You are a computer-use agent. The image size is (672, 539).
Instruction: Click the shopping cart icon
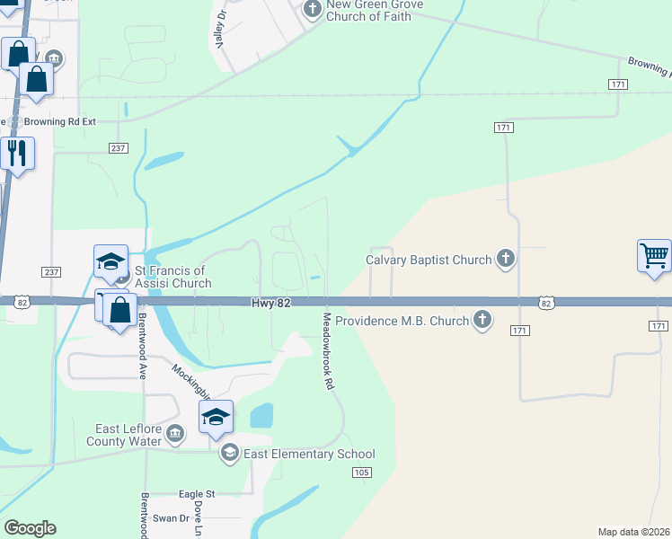point(655,255)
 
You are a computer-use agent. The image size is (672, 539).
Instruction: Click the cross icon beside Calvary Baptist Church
point(506,260)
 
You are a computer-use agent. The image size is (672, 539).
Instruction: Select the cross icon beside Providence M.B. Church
point(483,320)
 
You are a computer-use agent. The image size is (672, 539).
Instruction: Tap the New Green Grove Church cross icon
point(312,10)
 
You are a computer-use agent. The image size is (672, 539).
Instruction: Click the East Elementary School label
point(309,454)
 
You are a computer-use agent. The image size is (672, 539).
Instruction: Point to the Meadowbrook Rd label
point(329,350)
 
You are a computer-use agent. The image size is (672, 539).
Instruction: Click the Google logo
point(30,528)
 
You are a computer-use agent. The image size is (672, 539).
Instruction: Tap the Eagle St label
point(197,494)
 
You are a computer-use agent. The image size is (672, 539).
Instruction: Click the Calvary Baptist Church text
point(429,261)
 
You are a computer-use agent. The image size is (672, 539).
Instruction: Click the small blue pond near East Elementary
point(261,416)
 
